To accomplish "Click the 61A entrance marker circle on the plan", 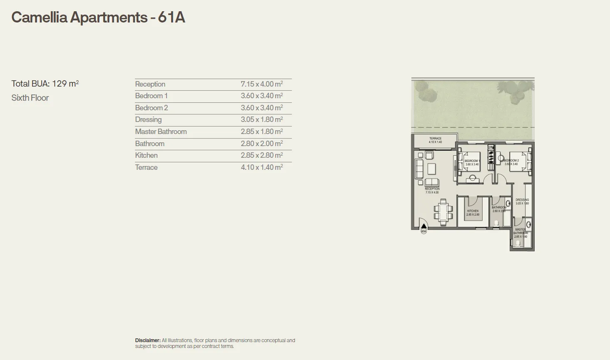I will point(424,231).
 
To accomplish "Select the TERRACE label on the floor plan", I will point(435,139).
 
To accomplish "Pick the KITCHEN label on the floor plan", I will point(473,211).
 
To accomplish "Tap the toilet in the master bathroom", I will point(517,243).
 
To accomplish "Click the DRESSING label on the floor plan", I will point(522,200).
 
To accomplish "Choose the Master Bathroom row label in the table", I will point(161,132).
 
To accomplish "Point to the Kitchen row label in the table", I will point(146,155).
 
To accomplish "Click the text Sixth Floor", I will point(30,98).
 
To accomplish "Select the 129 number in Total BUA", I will point(59,84).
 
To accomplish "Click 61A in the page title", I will point(171,17).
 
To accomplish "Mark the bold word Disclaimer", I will point(147,340).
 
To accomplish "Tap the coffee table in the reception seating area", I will point(431,169).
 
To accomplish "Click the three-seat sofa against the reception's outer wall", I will point(418,169).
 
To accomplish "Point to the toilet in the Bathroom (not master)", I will point(496,223).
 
